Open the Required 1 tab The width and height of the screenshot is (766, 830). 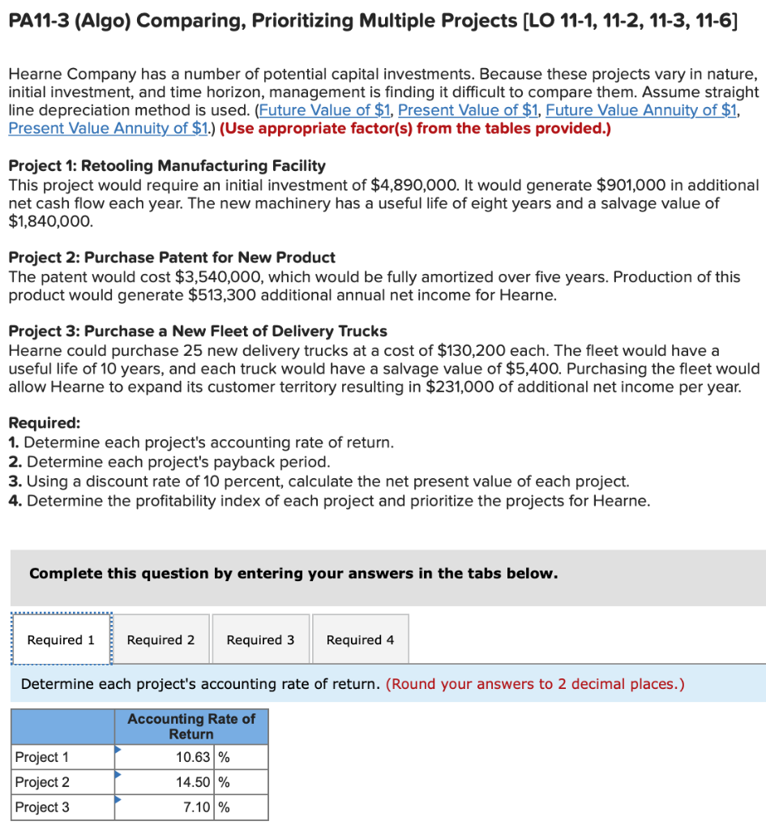(61, 640)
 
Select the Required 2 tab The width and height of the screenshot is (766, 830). (160, 640)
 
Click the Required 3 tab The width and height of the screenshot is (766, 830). (260, 640)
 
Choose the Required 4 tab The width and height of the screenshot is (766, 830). (360, 640)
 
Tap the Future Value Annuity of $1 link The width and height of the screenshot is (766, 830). (642, 110)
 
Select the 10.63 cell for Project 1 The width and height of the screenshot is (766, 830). (194, 758)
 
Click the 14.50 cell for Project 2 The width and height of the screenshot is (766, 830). (194, 783)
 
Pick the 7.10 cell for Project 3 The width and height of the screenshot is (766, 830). (194, 807)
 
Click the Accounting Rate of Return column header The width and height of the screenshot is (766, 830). (190, 726)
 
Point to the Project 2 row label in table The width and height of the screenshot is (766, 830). (42, 783)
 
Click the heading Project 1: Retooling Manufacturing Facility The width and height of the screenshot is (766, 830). (167, 166)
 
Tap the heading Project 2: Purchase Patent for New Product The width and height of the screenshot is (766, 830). (172, 258)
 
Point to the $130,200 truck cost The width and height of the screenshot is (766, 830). (472, 351)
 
